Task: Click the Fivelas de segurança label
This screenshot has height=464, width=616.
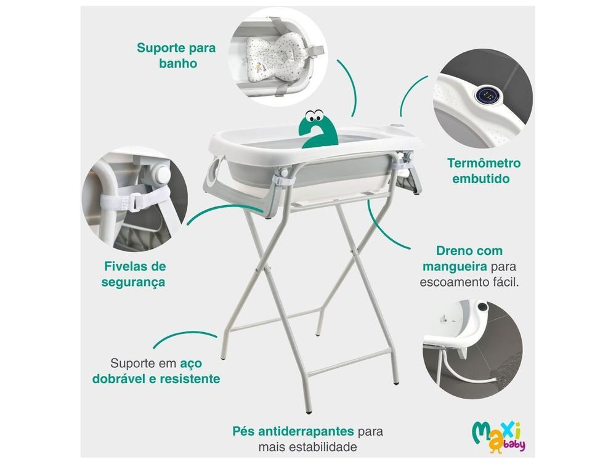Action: [135, 275]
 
